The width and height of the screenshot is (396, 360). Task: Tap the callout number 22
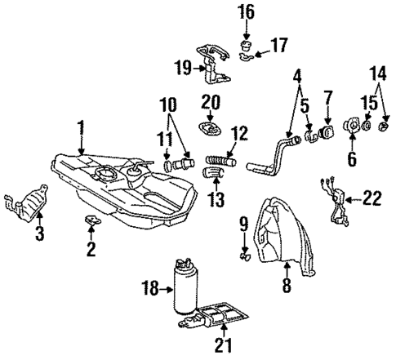[372, 198]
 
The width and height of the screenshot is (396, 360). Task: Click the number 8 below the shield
[285, 285]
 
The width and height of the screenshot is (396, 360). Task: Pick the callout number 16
[247, 12]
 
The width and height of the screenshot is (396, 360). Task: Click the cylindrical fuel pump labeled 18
[185, 287]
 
